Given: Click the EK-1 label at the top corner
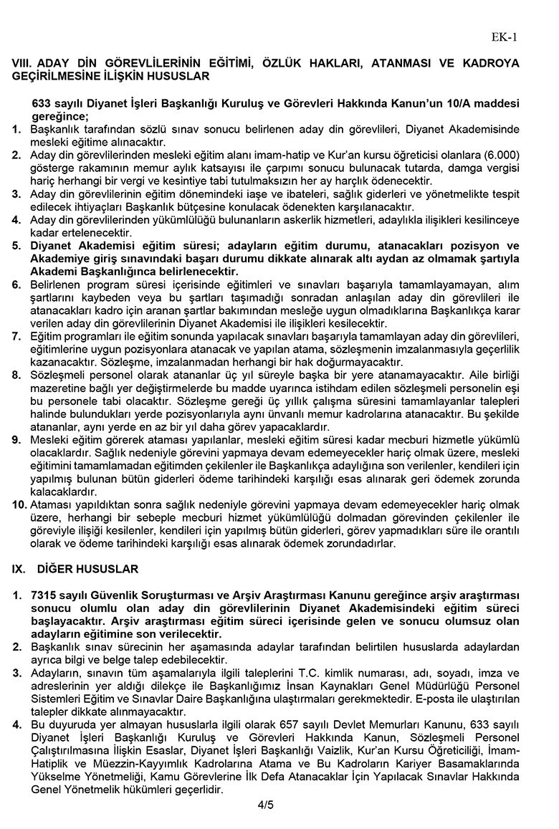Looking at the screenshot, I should [x=505, y=37].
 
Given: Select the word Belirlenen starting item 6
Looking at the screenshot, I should [x=57, y=285].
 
